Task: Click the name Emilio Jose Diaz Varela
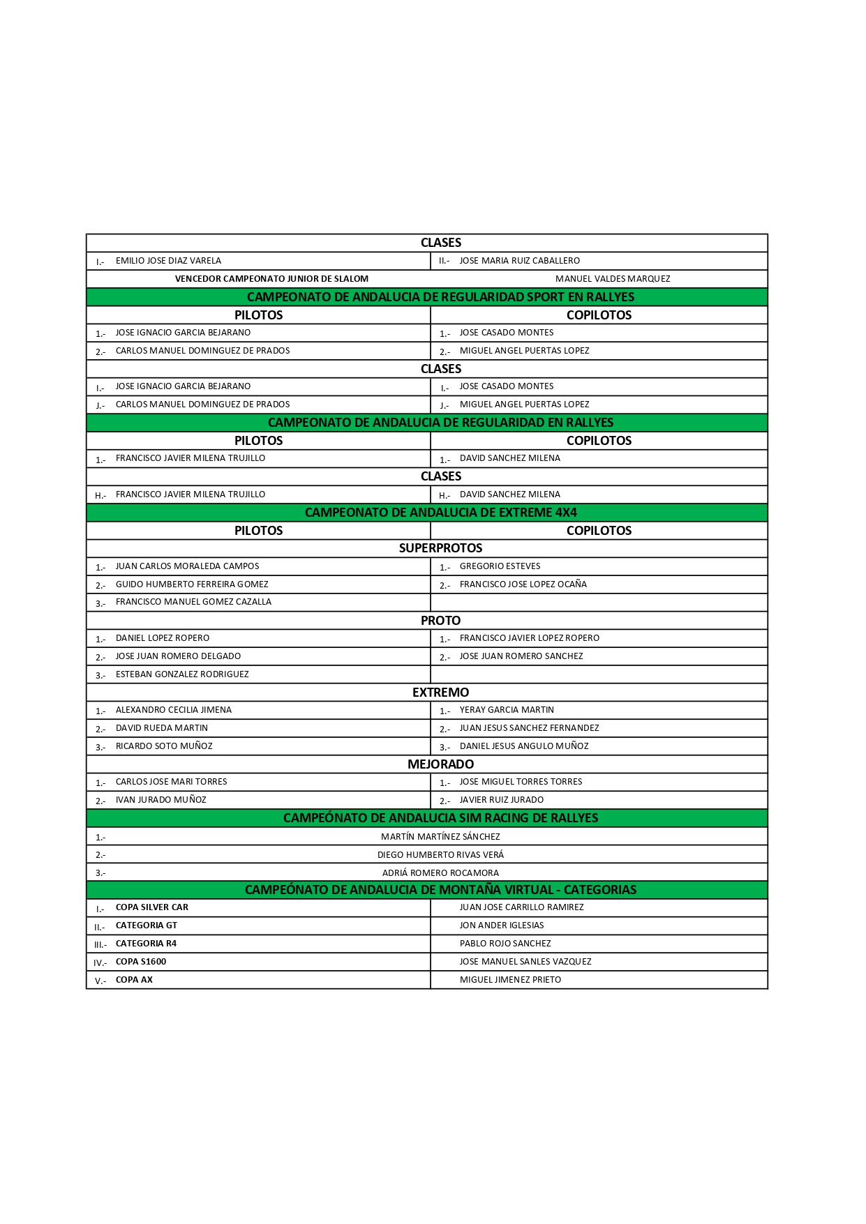click(168, 261)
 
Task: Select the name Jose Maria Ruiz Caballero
click(519, 261)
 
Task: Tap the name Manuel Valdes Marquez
click(613, 279)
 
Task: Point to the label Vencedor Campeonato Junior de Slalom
click(271, 279)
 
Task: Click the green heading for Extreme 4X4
click(440, 513)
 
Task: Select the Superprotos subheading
click(440, 548)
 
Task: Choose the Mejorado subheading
click(440, 764)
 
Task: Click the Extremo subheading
click(440, 693)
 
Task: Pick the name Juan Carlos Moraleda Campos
click(187, 566)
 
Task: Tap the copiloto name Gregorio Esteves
click(500, 566)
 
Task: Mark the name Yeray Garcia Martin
click(507, 710)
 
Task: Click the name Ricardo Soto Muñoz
click(164, 746)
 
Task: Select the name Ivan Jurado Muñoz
click(161, 800)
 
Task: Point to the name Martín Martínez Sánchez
click(440, 837)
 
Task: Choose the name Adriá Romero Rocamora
click(440, 873)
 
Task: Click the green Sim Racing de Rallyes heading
click(440, 818)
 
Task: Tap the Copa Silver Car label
click(152, 907)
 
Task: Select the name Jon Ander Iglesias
click(502, 925)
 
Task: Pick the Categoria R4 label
click(146, 944)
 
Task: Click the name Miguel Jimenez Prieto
click(510, 980)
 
